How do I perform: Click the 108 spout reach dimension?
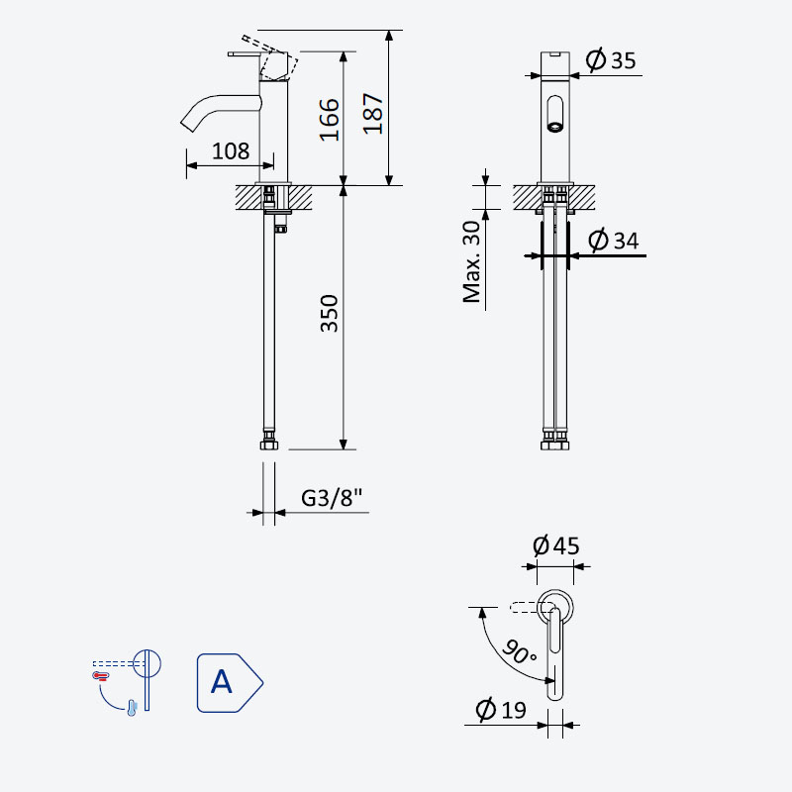[x=231, y=151]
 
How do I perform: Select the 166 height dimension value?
[x=330, y=120]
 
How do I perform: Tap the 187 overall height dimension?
[x=373, y=114]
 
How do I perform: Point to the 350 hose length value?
[x=330, y=313]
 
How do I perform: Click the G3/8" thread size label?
[x=332, y=498]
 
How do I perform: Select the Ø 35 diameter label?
[x=610, y=60]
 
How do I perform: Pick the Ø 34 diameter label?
[x=613, y=240]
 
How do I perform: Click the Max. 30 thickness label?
[x=472, y=262]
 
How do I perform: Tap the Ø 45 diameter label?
[x=555, y=545]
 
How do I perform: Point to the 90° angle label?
[x=519, y=651]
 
